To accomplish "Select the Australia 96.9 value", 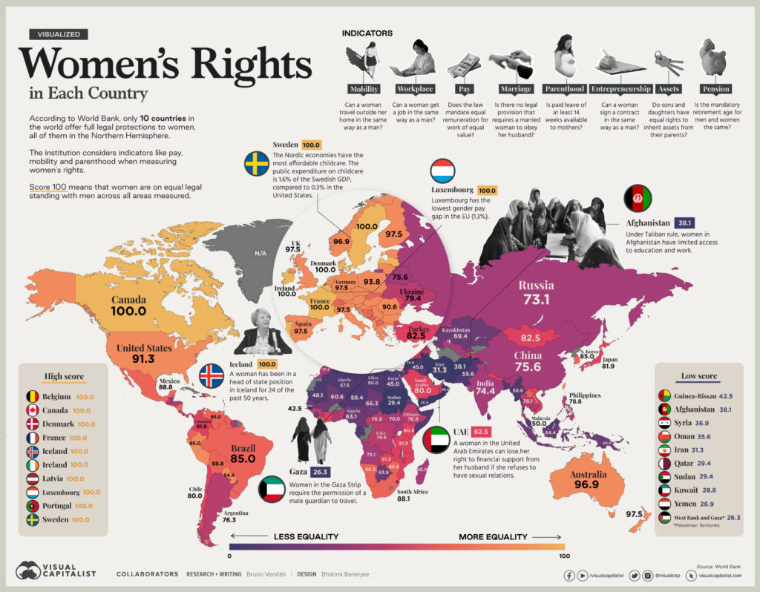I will [588, 483].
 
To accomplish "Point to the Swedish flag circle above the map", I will [257, 163].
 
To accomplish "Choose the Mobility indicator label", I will [364, 89].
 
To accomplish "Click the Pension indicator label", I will [716, 89].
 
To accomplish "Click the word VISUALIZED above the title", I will [59, 33].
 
